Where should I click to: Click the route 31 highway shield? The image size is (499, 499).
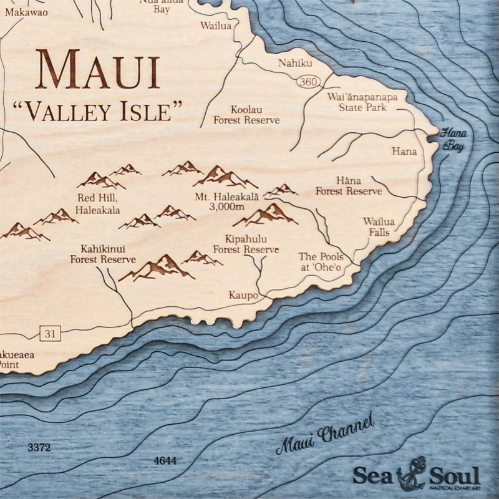click(49, 334)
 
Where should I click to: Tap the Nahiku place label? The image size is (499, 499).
click(293, 62)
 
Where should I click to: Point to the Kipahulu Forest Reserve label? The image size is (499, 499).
click(246, 245)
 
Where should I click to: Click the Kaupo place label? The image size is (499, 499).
click(243, 295)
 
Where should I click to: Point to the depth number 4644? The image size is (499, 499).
click(164, 461)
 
